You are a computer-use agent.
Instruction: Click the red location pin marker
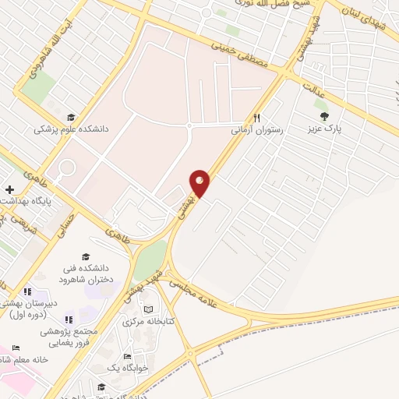click(200, 183)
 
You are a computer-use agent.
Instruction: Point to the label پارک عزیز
click(325, 128)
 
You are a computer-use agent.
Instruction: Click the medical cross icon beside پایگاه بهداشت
click(9, 189)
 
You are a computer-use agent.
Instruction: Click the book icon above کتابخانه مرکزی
click(149, 309)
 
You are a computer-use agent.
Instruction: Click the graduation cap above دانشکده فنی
click(86, 257)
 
